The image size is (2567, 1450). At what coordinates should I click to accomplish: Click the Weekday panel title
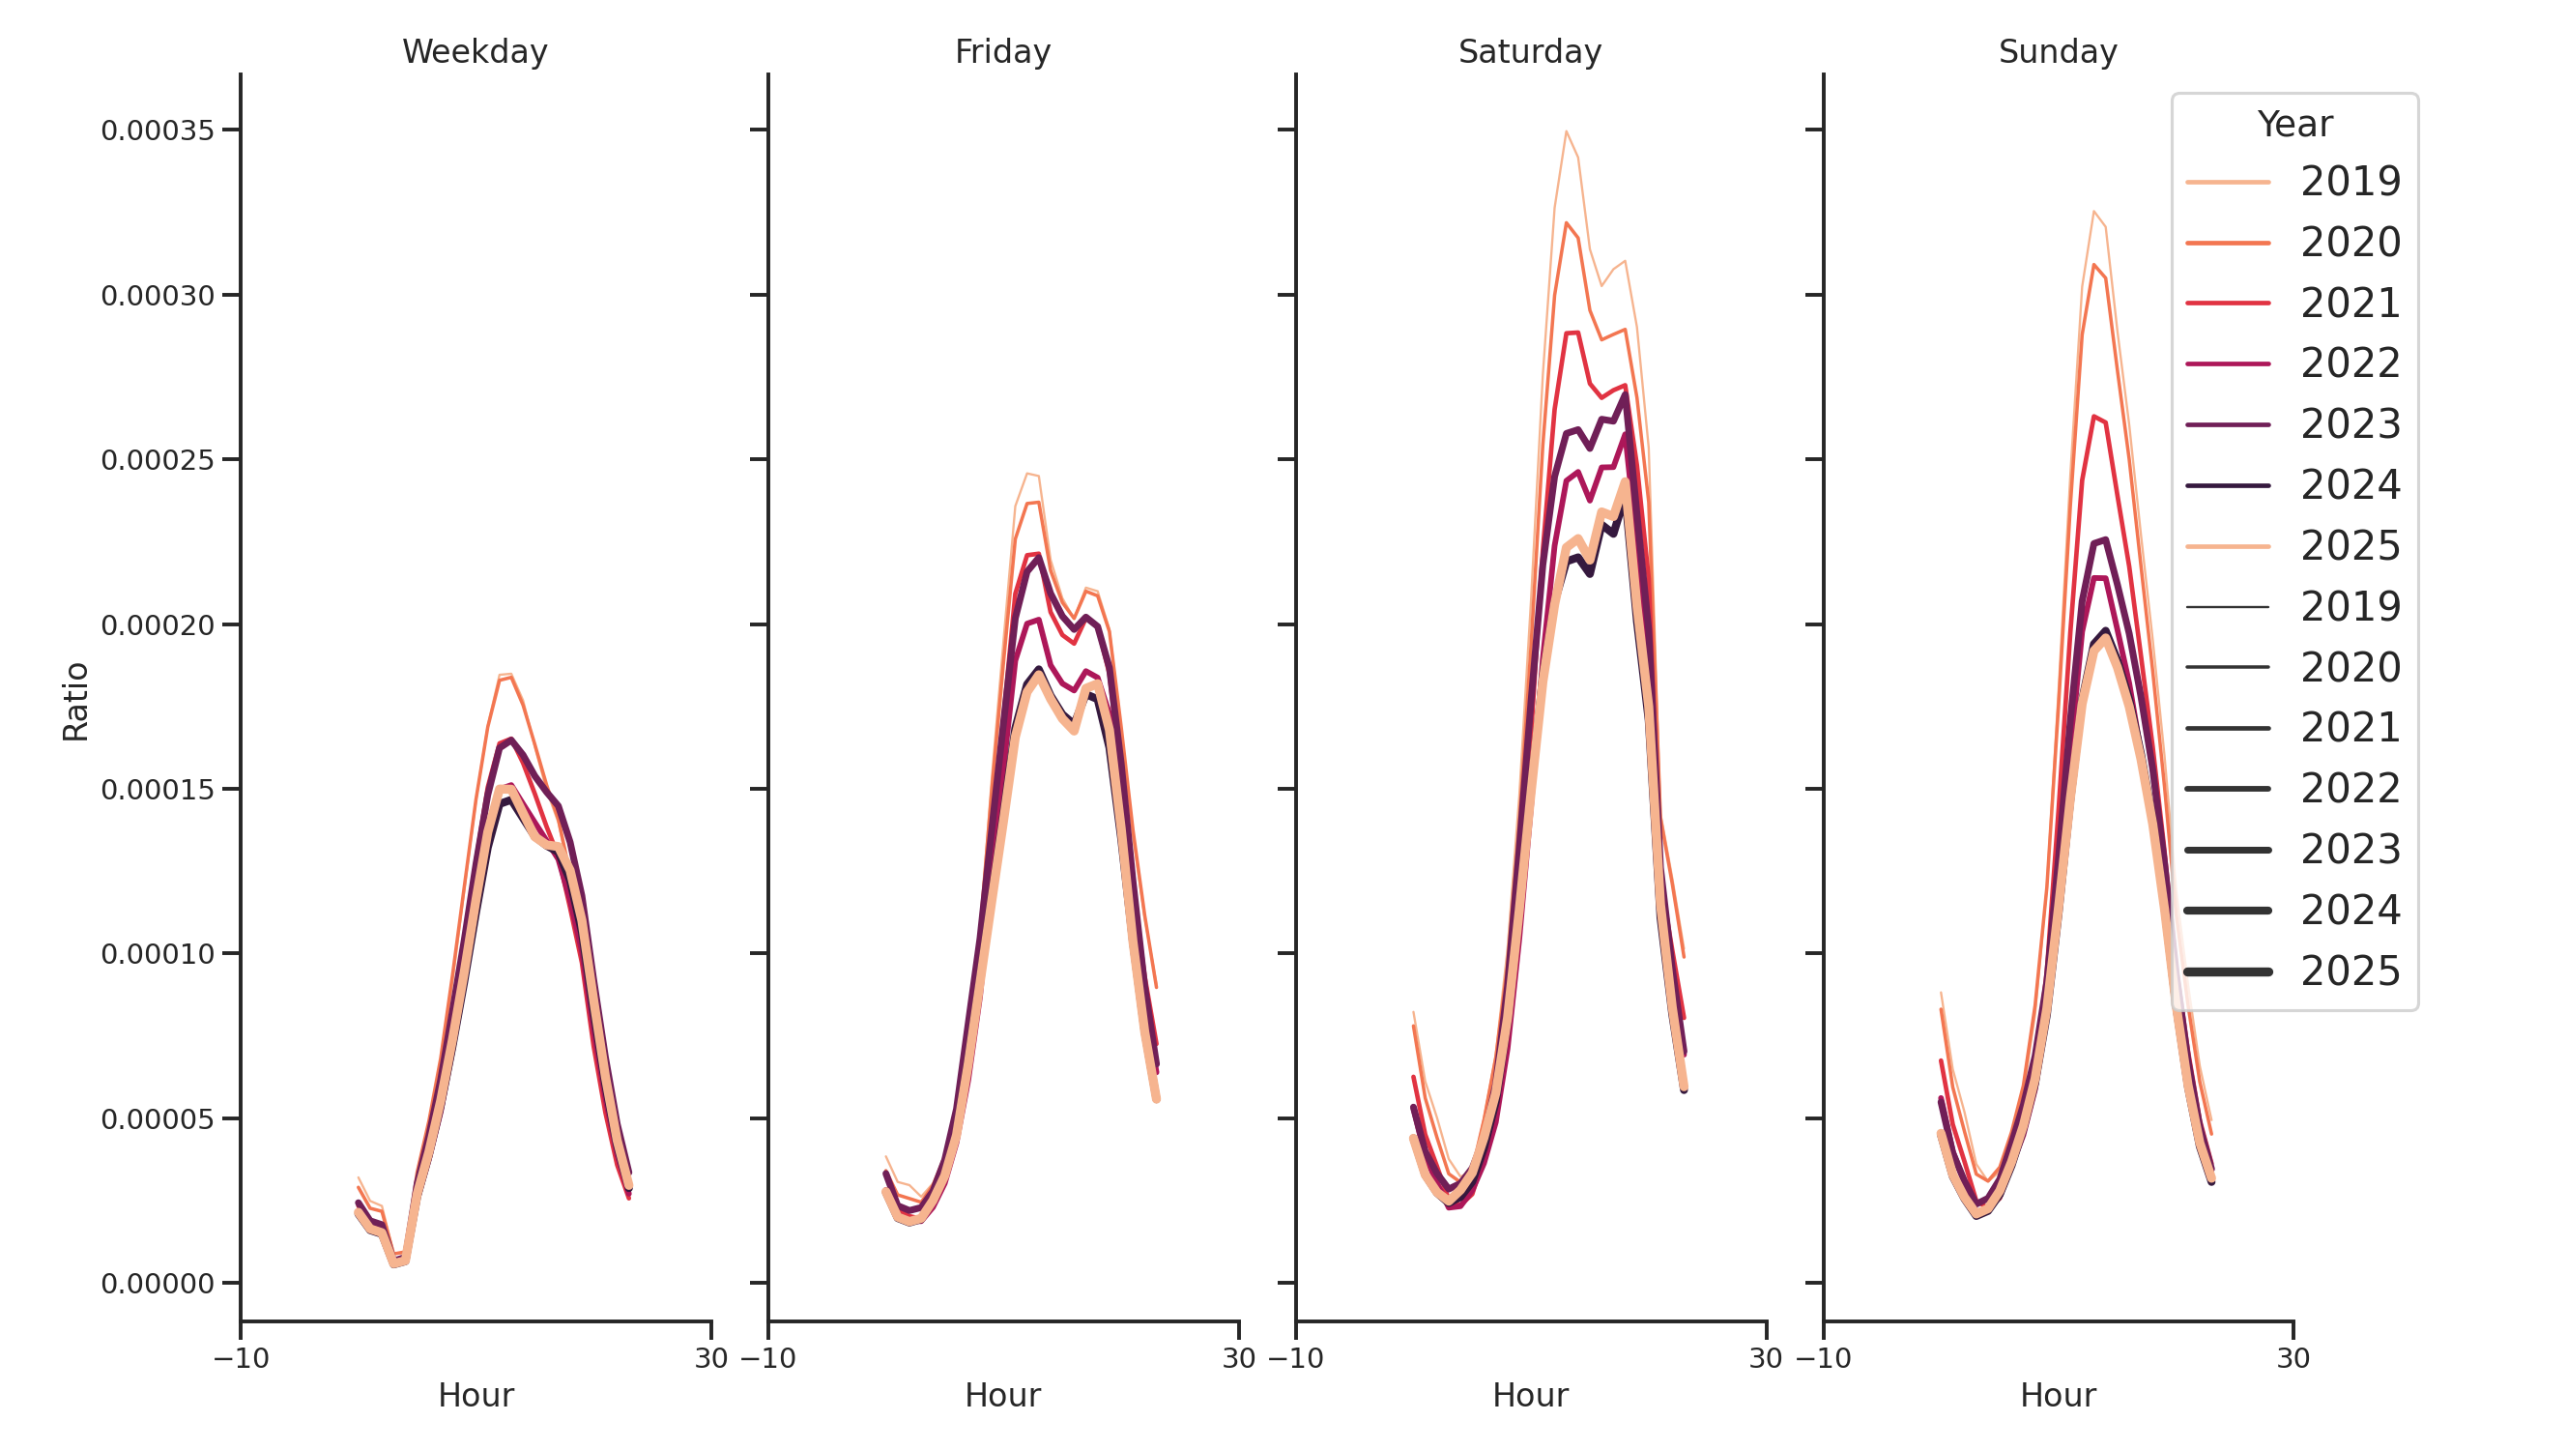pyautogui.click(x=475, y=52)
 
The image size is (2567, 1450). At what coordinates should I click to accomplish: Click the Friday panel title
pyautogui.click(x=1002, y=52)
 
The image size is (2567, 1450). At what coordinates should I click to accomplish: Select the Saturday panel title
pyautogui.click(x=1530, y=52)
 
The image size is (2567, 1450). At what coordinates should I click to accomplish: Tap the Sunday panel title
pyautogui.click(x=2058, y=52)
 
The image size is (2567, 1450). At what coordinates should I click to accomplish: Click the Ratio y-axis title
pyautogui.click(x=75, y=702)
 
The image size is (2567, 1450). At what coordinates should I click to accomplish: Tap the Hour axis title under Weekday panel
pyautogui.click(x=476, y=1395)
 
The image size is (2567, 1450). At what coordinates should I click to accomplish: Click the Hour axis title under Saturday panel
pyautogui.click(x=1530, y=1395)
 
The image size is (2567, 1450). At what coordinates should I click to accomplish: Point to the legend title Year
pyautogui.click(x=2293, y=125)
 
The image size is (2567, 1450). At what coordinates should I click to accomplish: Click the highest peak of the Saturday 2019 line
pyautogui.click(x=1566, y=131)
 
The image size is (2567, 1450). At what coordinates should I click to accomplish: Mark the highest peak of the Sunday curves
pyautogui.click(x=2092, y=212)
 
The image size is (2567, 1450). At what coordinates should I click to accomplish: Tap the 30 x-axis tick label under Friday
pyautogui.click(x=1239, y=1358)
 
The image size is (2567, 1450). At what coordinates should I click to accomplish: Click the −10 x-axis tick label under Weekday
pyautogui.click(x=242, y=1358)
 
